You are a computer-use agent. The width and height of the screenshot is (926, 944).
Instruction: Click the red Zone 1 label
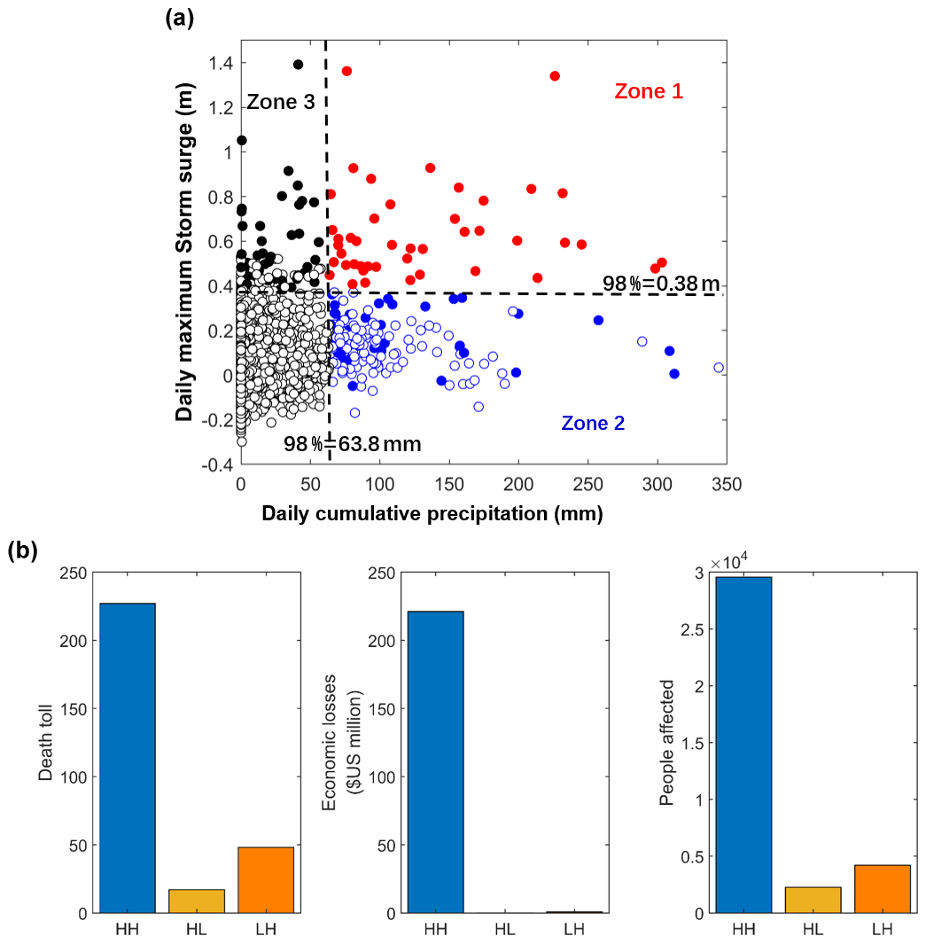(649, 91)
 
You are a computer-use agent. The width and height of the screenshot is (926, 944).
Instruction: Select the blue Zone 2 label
(593, 424)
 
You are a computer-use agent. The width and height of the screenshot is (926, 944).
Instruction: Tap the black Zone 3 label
(280, 102)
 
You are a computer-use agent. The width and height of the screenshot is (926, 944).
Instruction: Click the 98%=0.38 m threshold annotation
(661, 284)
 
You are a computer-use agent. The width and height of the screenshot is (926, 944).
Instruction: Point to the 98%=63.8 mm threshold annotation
(353, 443)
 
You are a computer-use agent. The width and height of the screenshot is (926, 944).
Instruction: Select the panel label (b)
(22, 550)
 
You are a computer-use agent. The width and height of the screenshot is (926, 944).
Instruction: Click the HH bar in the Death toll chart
(128, 758)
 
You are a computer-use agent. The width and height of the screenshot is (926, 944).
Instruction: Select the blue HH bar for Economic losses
(435, 761)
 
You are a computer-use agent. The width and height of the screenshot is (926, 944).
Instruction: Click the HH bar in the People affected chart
(743, 745)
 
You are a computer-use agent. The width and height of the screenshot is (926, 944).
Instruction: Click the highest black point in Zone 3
(298, 65)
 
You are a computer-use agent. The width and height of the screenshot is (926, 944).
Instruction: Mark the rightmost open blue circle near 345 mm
(719, 367)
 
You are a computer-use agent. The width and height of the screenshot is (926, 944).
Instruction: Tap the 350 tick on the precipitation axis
(725, 485)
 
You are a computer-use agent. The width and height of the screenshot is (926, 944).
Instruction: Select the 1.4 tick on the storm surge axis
(221, 63)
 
